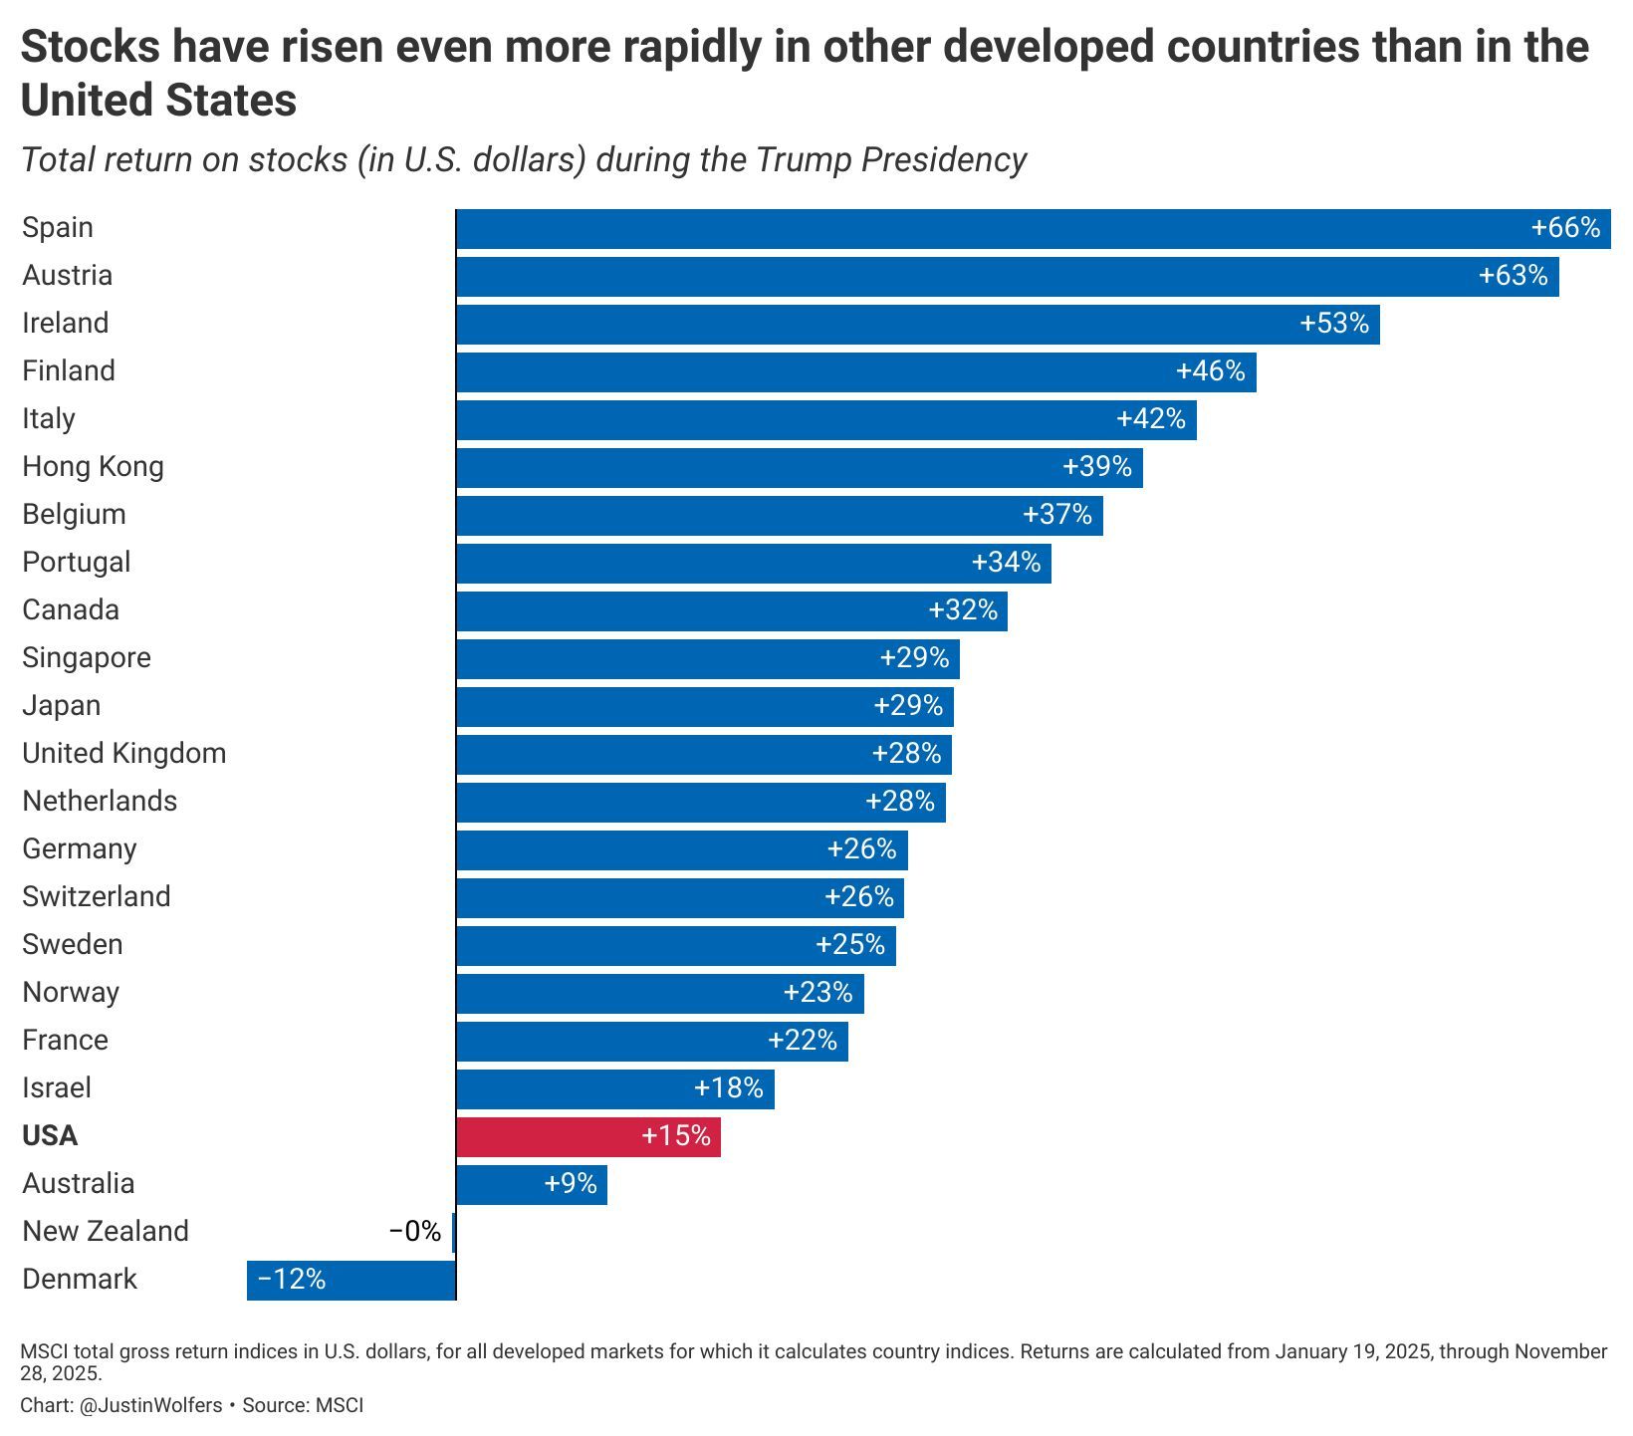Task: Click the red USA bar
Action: (x=587, y=1136)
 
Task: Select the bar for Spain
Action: (x=1033, y=228)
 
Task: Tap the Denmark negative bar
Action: (x=350, y=1280)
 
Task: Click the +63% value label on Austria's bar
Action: (x=1514, y=276)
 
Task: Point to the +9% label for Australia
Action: (x=571, y=1184)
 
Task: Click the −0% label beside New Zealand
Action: (x=415, y=1232)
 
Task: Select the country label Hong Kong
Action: (x=93, y=467)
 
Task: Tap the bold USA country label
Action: (x=50, y=1136)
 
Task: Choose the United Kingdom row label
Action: (x=124, y=754)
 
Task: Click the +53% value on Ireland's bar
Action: (x=1334, y=324)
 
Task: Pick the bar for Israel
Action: (x=614, y=1088)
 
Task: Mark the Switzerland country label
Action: (x=97, y=897)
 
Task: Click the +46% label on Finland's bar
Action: (x=1211, y=371)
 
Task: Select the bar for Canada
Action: (x=731, y=610)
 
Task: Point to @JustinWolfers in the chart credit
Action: (x=148, y=1405)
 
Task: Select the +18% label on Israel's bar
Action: (x=729, y=1088)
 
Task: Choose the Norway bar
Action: (x=659, y=993)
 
